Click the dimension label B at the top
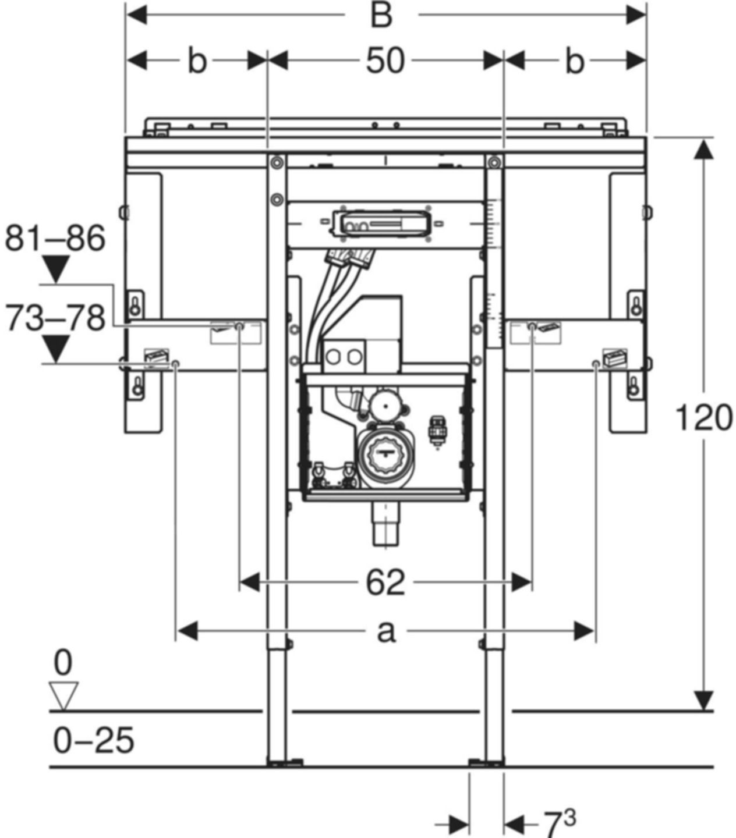(381, 15)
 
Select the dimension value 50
(385, 61)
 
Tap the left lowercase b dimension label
(197, 61)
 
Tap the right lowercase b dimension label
(574, 61)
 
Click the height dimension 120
(704, 418)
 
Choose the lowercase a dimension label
(385, 631)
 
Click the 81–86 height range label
(55, 239)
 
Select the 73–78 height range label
(55, 318)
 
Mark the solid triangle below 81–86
(56, 269)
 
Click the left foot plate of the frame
(284, 761)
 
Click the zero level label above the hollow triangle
(63, 663)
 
